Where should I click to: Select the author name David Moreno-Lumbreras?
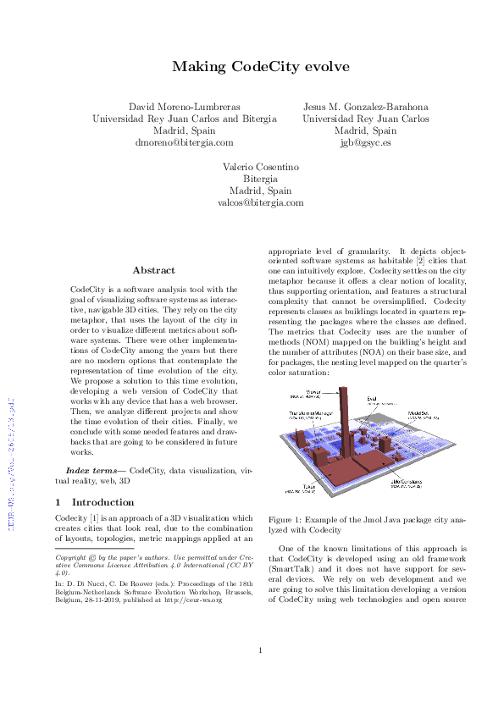tap(184, 107)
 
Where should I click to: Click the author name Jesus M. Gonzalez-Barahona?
tap(365, 107)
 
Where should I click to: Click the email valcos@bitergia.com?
tap(261, 203)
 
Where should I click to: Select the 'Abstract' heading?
tap(154, 270)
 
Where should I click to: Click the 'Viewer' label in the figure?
tap(313, 392)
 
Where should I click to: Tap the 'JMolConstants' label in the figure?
tap(407, 480)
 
